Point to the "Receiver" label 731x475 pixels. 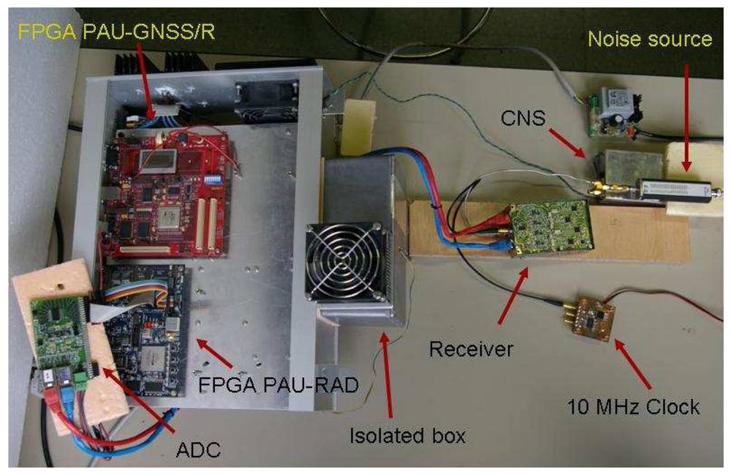[x=461, y=349]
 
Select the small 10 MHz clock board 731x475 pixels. [x=592, y=316]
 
